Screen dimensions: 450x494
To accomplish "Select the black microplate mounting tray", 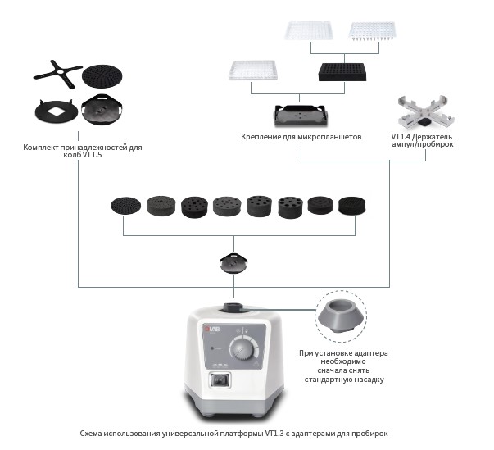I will tap(301, 115).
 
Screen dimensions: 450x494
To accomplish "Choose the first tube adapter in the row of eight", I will tap(125, 207).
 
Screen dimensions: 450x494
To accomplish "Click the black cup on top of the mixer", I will tap(235, 307).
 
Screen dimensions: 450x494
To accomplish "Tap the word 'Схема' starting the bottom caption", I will tap(92, 432).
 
